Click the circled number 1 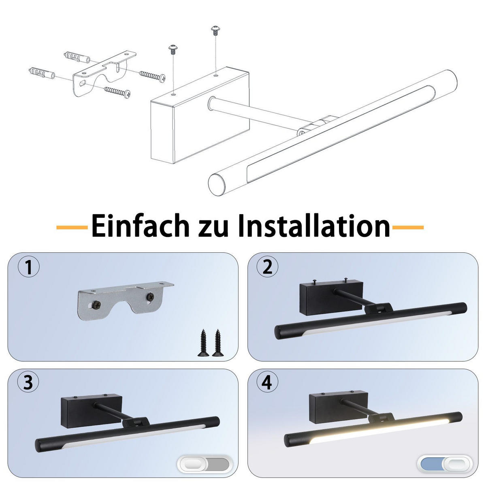point(28,268)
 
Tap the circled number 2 point(268,268)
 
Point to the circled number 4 point(267,383)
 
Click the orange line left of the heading point(72,228)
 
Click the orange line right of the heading point(408,228)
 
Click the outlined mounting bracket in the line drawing point(103,73)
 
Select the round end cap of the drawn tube point(216,185)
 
